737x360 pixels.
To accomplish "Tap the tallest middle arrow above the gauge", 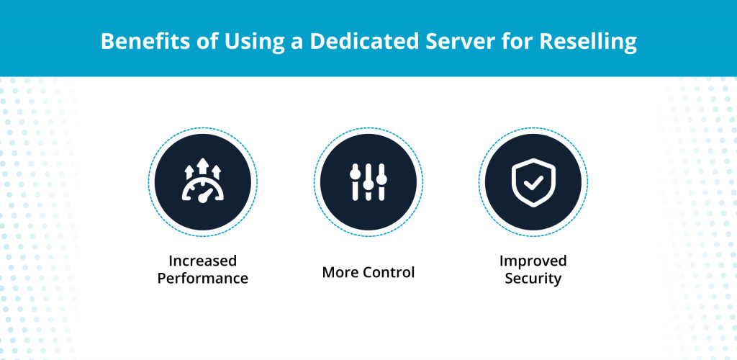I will [203, 168].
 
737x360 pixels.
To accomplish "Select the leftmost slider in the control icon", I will [354, 181].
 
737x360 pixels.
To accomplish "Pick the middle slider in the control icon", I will [368, 181].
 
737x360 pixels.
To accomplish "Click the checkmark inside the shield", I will [533, 183].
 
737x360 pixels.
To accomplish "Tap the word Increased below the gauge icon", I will [203, 260].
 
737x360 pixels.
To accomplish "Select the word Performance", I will [203, 278].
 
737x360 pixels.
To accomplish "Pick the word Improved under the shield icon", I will [533, 260].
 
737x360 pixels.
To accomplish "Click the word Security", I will [533, 278].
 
